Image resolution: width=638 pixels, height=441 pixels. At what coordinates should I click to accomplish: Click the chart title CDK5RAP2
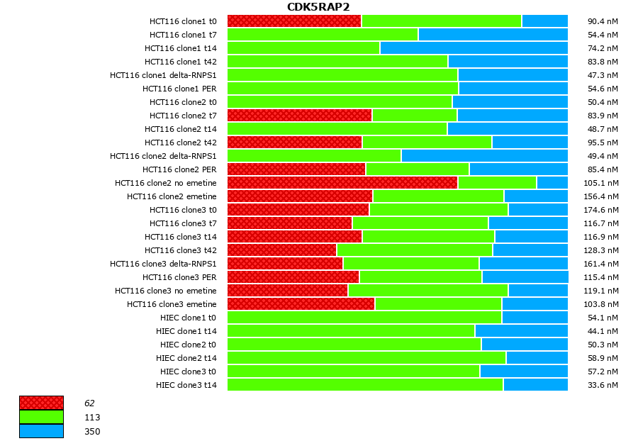(x=318, y=7)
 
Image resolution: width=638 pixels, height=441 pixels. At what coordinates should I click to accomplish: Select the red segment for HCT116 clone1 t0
(x=294, y=21)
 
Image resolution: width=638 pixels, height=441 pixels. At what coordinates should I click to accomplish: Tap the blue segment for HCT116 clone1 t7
(x=493, y=35)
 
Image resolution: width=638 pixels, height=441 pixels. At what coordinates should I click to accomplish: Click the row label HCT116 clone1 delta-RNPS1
(x=163, y=75)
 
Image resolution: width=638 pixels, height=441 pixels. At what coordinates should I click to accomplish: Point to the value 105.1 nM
(x=603, y=183)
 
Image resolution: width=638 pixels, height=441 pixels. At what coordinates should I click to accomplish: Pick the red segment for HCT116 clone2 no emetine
(x=342, y=183)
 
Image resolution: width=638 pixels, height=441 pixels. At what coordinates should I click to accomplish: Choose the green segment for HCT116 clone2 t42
(x=427, y=143)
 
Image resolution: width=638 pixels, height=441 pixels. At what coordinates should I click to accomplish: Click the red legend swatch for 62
(x=41, y=403)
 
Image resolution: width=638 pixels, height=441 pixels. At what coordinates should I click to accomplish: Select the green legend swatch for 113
(x=41, y=417)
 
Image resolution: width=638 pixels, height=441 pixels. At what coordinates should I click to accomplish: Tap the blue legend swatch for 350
(x=41, y=431)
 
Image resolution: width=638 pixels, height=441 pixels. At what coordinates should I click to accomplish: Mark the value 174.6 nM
(x=603, y=210)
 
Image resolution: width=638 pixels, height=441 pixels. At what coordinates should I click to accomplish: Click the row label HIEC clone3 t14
(x=186, y=385)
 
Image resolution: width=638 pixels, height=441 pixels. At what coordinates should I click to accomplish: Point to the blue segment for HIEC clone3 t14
(x=535, y=385)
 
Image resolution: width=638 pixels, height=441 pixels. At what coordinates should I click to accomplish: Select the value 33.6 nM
(x=603, y=385)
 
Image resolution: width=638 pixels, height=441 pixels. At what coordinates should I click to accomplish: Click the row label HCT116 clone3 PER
(x=179, y=277)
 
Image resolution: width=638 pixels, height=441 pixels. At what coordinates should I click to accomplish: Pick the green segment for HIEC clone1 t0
(x=364, y=318)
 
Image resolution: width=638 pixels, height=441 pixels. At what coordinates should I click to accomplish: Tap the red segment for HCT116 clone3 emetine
(x=301, y=304)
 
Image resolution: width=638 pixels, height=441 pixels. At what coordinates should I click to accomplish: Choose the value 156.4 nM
(x=603, y=196)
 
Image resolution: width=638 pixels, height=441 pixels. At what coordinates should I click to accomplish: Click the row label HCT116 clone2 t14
(x=181, y=129)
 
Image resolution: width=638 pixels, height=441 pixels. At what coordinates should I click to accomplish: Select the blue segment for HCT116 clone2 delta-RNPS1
(x=484, y=156)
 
